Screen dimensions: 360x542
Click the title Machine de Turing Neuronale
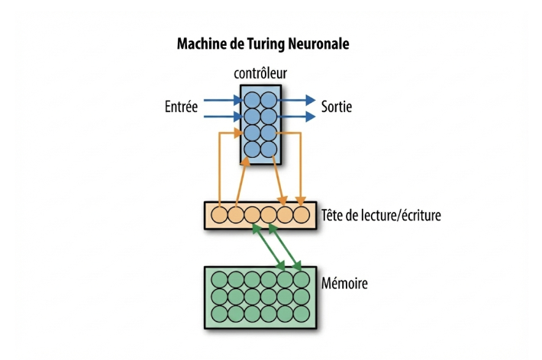[263, 44]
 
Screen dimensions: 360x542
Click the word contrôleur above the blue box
[260, 74]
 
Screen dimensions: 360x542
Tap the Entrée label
[181, 107]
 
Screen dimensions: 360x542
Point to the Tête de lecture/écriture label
[382, 215]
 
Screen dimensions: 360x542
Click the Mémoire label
[346, 284]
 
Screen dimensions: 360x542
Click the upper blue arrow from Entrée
[222, 99]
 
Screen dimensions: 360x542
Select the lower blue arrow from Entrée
[222, 116]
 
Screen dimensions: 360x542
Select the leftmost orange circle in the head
[218, 215]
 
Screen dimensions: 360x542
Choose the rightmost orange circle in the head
[302, 215]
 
